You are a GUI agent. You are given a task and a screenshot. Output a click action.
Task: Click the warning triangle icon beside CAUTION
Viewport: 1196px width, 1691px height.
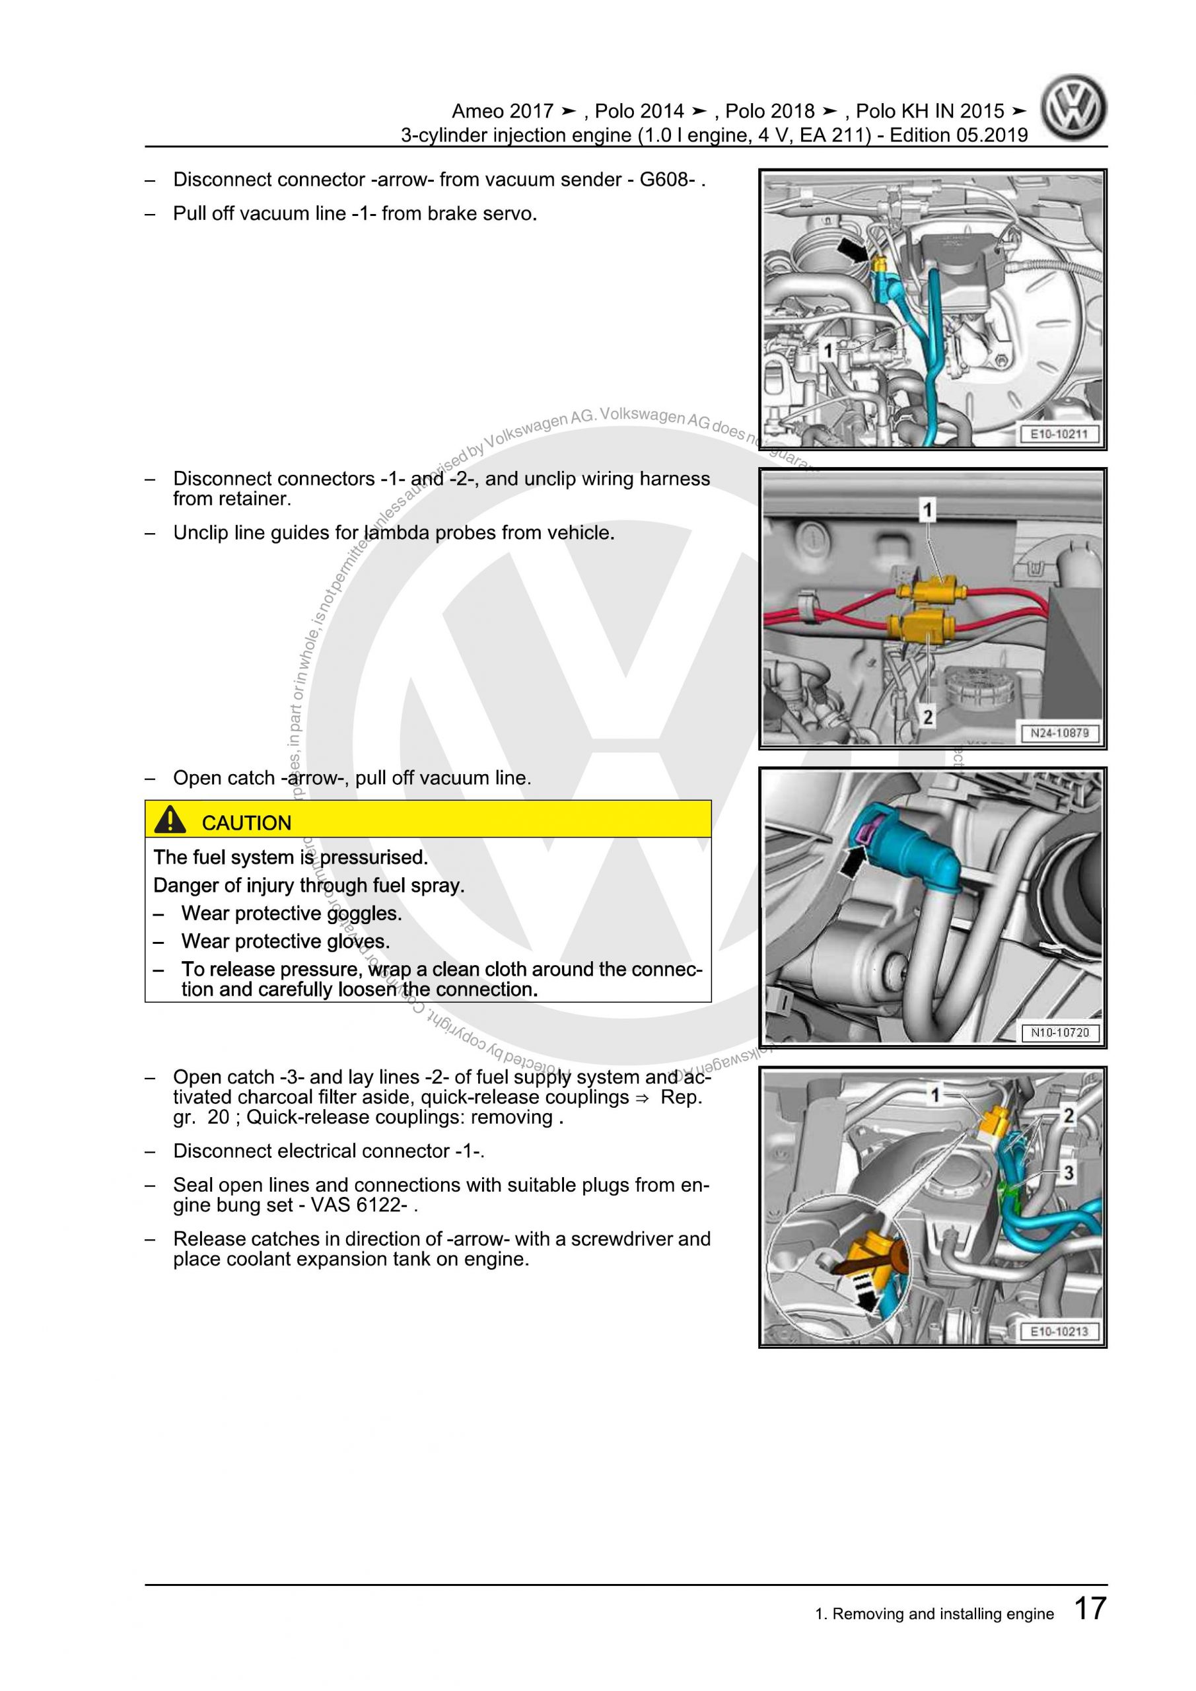(x=170, y=820)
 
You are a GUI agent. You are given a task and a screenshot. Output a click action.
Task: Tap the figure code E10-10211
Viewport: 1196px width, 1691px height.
(x=1058, y=435)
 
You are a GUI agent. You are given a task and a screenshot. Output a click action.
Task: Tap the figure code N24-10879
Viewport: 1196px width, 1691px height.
(x=1058, y=734)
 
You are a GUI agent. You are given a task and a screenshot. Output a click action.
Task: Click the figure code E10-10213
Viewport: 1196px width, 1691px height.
(x=1058, y=1332)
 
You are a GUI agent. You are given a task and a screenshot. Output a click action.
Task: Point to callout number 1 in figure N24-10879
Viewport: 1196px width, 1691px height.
(x=927, y=509)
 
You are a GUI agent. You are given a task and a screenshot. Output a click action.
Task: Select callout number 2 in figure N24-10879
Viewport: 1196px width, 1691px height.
(x=927, y=716)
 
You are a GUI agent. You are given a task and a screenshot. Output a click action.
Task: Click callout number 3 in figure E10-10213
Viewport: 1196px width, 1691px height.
(x=1068, y=1172)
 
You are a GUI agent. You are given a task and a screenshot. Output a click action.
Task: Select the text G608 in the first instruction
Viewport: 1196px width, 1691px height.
(x=666, y=180)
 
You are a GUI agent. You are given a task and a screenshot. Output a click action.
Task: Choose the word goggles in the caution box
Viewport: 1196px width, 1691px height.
(x=364, y=914)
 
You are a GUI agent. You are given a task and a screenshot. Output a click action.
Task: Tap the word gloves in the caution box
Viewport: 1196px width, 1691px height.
(x=358, y=942)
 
